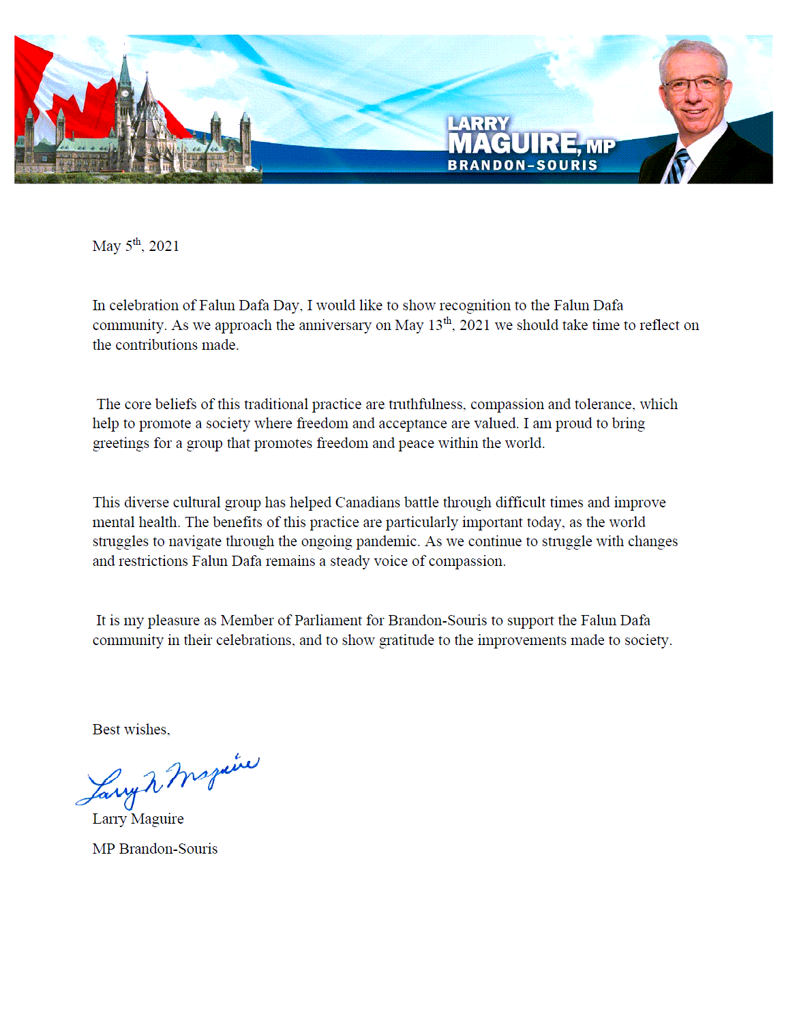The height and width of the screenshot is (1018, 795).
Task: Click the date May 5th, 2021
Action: coord(136,245)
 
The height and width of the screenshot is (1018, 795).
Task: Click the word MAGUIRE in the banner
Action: coord(513,144)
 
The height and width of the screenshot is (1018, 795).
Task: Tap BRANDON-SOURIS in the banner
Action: coord(522,165)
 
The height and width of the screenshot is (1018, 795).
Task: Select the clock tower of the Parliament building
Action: coord(124,89)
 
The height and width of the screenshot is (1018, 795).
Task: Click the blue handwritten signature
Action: coord(167,781)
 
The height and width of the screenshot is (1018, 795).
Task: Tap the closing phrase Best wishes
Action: coord(131,730)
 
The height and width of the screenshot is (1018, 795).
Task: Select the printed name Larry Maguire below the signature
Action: coord(138,819)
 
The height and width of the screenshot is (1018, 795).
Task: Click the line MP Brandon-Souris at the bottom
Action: coord(155,849)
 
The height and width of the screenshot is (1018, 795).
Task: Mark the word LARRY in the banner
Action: coord(478,123)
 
